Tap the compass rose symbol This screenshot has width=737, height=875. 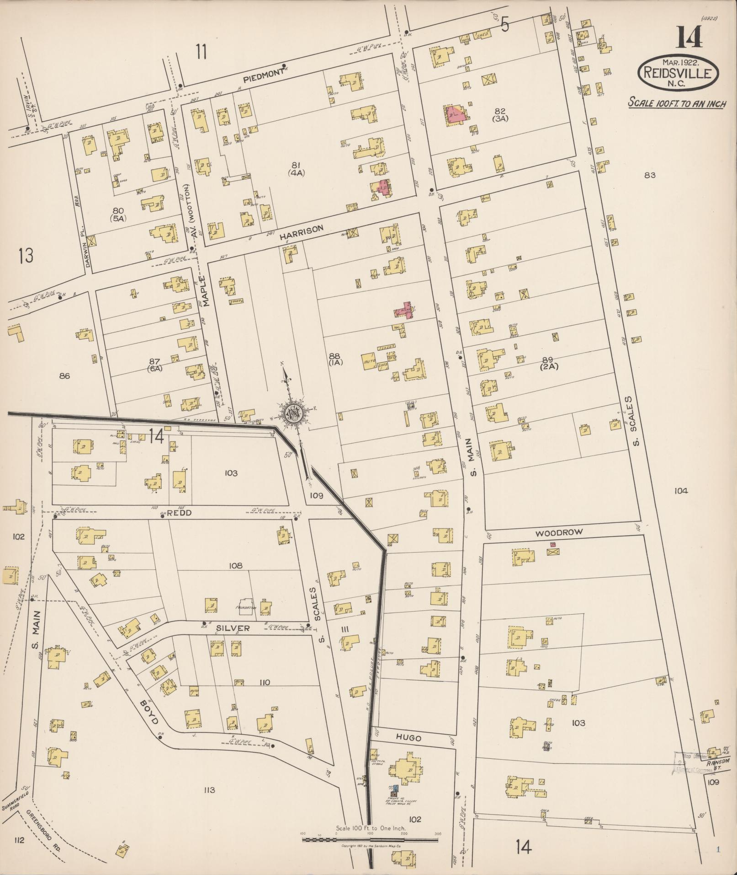point(291,413)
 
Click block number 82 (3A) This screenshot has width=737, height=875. point(501,114)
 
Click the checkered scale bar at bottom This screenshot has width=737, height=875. point(370,840)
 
